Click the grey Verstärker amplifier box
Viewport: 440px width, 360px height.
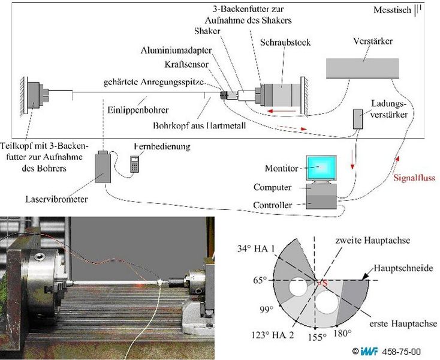(362, 68)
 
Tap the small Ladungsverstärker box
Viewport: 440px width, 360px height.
(358, 119)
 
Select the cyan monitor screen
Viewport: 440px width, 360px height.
(321, 168)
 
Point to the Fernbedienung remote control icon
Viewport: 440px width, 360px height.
(135, 164)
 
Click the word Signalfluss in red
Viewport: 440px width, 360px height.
(414, 178)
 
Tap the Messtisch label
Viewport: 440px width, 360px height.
(392, 10)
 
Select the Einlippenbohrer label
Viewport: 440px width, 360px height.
(138, 110)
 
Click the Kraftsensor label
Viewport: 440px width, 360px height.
(186, 65)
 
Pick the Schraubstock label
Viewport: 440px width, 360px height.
(285, 43)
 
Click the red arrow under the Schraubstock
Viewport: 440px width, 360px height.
(282, 111)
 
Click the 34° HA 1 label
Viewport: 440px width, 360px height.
(255, 249)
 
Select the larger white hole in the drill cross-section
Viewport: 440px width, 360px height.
(327, 303)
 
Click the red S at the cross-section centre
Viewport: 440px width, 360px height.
(325, 284)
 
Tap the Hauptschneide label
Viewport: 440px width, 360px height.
(403, 268)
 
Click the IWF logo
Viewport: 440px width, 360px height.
(369, 351)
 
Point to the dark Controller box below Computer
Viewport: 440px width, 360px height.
(321, 202)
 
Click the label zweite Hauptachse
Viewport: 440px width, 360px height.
(373, 241)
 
